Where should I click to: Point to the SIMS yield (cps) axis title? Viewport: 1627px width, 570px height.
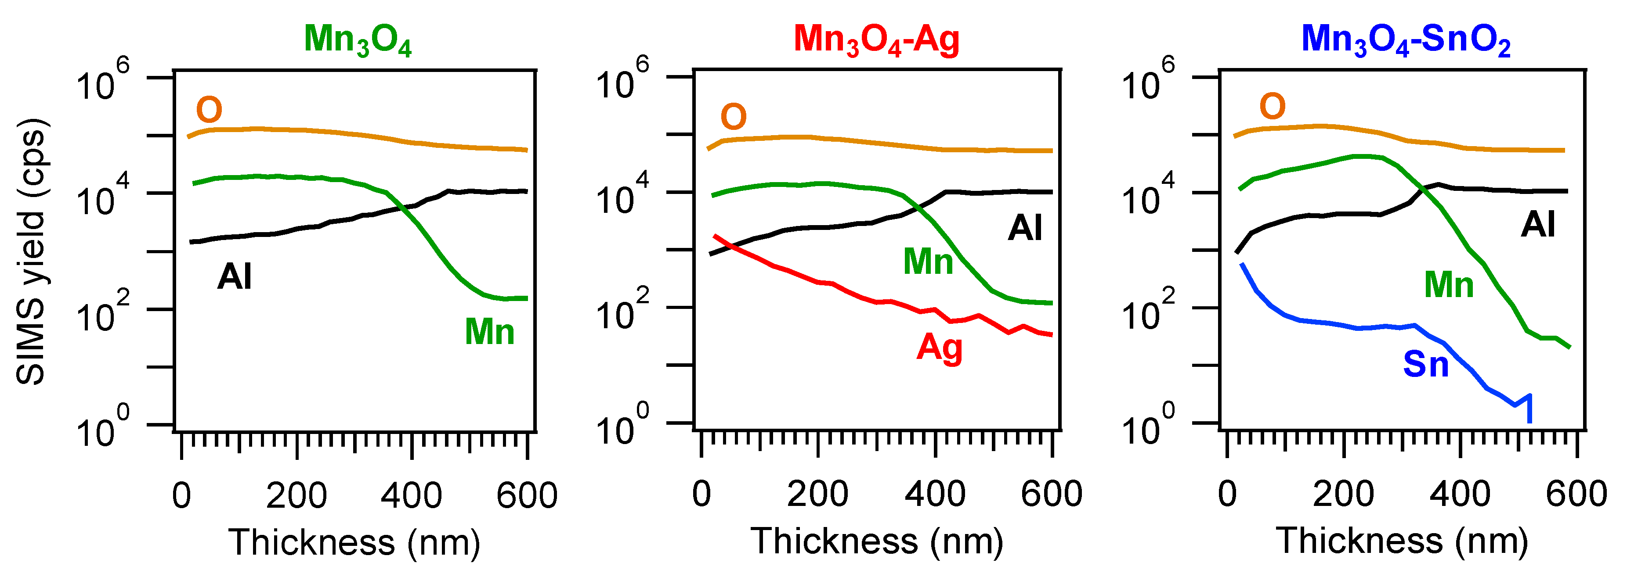point(30,251)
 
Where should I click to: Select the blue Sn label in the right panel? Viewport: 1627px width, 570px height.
point(1425,364)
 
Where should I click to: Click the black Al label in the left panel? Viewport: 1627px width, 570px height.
point(234,276)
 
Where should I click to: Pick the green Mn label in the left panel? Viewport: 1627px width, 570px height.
point(489,331)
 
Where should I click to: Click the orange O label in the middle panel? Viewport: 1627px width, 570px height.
point(733,117)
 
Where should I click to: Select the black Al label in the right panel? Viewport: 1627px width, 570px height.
point(1537,225)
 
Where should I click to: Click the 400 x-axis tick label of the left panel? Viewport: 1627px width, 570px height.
point(411,495)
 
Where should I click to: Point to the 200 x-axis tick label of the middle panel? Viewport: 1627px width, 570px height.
point(817,494)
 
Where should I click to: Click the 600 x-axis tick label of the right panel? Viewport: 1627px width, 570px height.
point(1576,494)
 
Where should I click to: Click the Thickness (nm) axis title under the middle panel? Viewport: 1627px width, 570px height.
point(877,541)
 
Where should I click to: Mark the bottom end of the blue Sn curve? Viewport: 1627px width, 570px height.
point(1529,421)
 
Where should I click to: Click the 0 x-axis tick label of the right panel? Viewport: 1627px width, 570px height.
point(1227,494)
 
